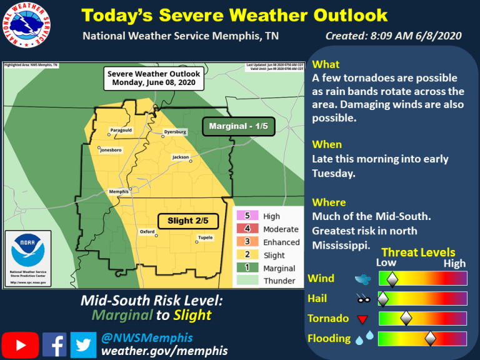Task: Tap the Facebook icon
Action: pos(54,344)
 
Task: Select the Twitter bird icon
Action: pos(83,344)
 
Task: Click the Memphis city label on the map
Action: pos(119,191)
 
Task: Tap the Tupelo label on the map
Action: pos(205,237)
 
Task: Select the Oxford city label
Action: pos(147,232)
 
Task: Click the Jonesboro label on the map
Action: pos(110,151)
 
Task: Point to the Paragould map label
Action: pos(121,130)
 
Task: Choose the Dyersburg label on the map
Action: pos(175,132)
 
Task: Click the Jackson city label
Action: pos(181,157)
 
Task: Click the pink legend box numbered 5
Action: pos(246,216)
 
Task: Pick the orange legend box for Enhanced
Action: pos(246,242)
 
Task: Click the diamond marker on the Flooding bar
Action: pos(430,339)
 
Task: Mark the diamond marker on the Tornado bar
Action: pos(406,319)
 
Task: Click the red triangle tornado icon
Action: pos(362,320)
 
